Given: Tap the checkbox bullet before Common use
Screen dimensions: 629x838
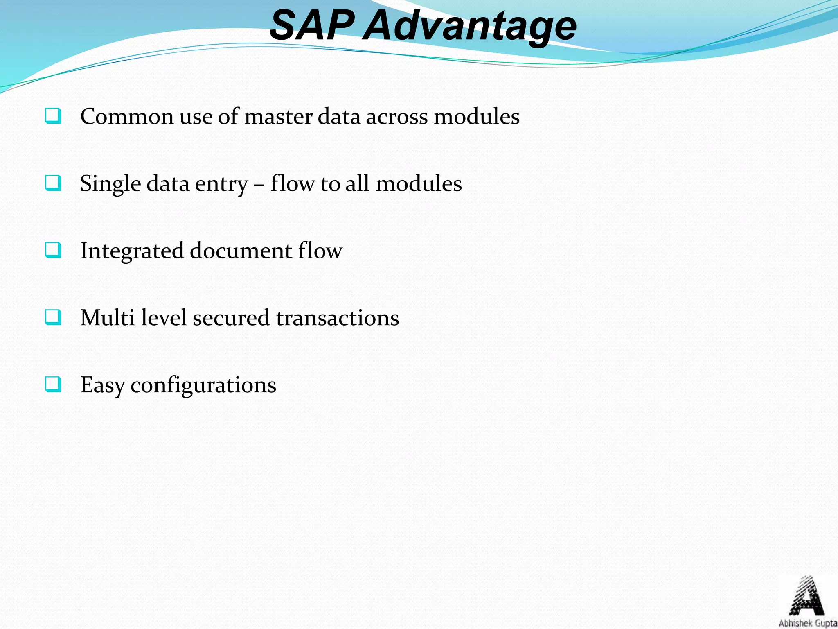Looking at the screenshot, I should click(x=53, y=116).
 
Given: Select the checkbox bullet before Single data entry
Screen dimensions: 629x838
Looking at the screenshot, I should click(x=53, y=183).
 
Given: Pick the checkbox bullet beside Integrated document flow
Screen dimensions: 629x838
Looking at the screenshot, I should click(x=53, y=250).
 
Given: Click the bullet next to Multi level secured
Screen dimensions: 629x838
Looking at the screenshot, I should click(x=53, y=317).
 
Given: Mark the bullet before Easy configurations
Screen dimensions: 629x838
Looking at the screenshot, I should click(x=53, y=385).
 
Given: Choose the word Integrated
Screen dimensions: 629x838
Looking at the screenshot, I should click(x=132, y=251).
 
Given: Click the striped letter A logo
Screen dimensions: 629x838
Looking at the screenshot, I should click(x=806, y=596).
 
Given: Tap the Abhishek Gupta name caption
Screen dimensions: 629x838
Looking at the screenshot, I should click(x=807, y=623).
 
